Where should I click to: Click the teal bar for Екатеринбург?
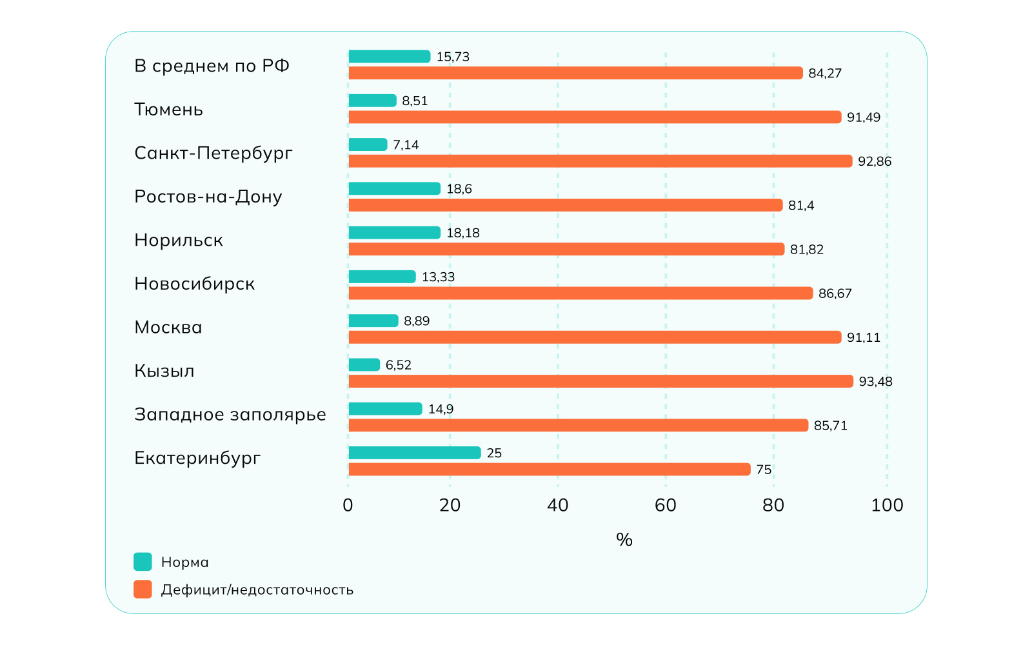[415, 453]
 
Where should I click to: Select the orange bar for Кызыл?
[600, 381]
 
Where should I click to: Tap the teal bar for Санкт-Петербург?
[368, 144]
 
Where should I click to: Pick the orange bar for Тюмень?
[595, 117]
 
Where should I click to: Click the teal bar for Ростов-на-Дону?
[394, 188]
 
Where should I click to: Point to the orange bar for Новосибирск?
[580, 293]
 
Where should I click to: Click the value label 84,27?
[825, 74]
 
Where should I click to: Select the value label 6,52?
[399, 365]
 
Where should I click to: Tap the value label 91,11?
[864, 337]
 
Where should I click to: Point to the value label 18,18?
[463, 233]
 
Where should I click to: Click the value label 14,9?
[441, 409]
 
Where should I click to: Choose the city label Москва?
[168, 328]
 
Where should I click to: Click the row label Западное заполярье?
[230, 415]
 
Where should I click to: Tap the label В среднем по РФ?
[212, 66]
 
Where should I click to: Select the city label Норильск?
[179, 241]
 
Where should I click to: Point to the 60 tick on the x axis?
[666, 505]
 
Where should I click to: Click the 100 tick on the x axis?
[887, 505]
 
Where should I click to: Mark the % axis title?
[624, 539]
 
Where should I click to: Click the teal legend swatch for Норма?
[143, 562]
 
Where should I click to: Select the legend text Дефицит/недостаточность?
[257, 590]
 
